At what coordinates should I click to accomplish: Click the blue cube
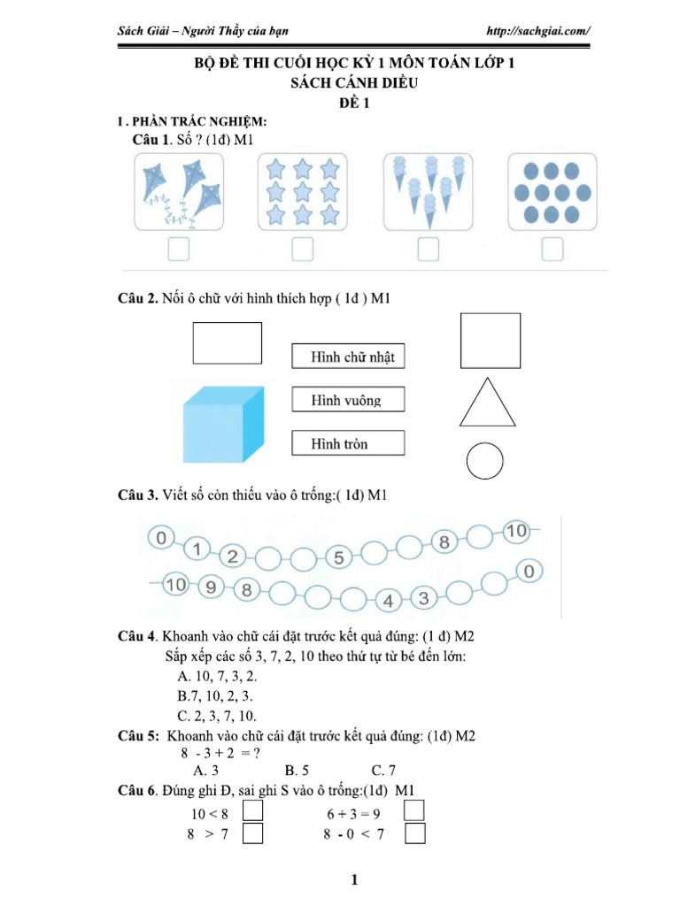click(x=223, y=425)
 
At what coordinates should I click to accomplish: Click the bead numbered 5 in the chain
click(x=339, y=557)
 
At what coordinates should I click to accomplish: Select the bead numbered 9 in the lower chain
click(x=211, y=587)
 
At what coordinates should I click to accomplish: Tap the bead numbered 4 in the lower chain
click(x=388, y=601)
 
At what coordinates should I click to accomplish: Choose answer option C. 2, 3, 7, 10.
click(x=217, y=716)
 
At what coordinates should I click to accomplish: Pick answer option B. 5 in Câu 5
click(x=297, y=771)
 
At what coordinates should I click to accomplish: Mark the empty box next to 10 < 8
click(x=252, y=810)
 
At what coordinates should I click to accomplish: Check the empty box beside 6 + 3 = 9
click(x=414, y=810)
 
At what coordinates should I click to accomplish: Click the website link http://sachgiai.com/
click(x=538, y=31)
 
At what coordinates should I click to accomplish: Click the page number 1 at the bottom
click(x=354, y=880)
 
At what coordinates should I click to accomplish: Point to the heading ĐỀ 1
click(x=354, y=103)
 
